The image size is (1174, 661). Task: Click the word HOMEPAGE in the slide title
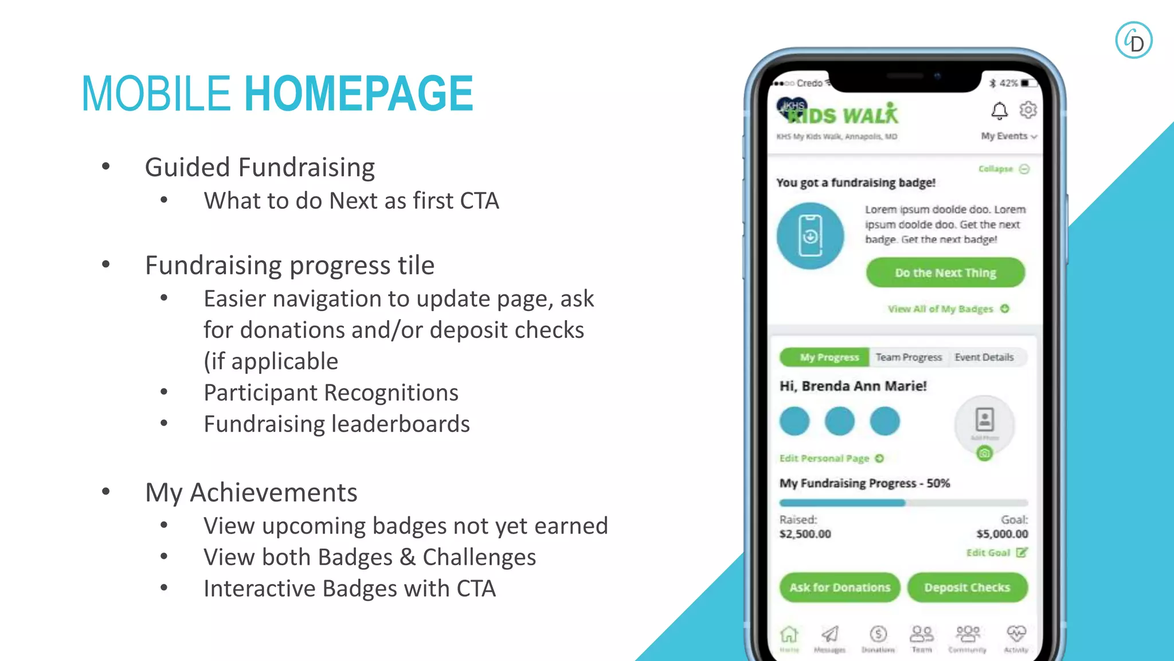pos(359,94)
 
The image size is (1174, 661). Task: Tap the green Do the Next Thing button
pos(945,273)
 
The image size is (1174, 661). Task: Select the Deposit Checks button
pos(967,588)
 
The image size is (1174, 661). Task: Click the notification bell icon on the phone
pos(999,110)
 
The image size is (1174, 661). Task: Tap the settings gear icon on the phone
pos(1028,110)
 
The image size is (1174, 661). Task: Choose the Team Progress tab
pos(909,357)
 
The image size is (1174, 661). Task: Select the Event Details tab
pos(984,357)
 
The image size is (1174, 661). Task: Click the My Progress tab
pos(829,357)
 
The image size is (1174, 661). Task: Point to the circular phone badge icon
pos(810,236)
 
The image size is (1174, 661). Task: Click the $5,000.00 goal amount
pos(1002,534)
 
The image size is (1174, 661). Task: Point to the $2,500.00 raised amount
pos(805,534)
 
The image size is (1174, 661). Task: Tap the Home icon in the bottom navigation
pos(789,636)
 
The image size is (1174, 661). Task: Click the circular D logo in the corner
pos(1133,40)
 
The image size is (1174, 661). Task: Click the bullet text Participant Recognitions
pos(331,393)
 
